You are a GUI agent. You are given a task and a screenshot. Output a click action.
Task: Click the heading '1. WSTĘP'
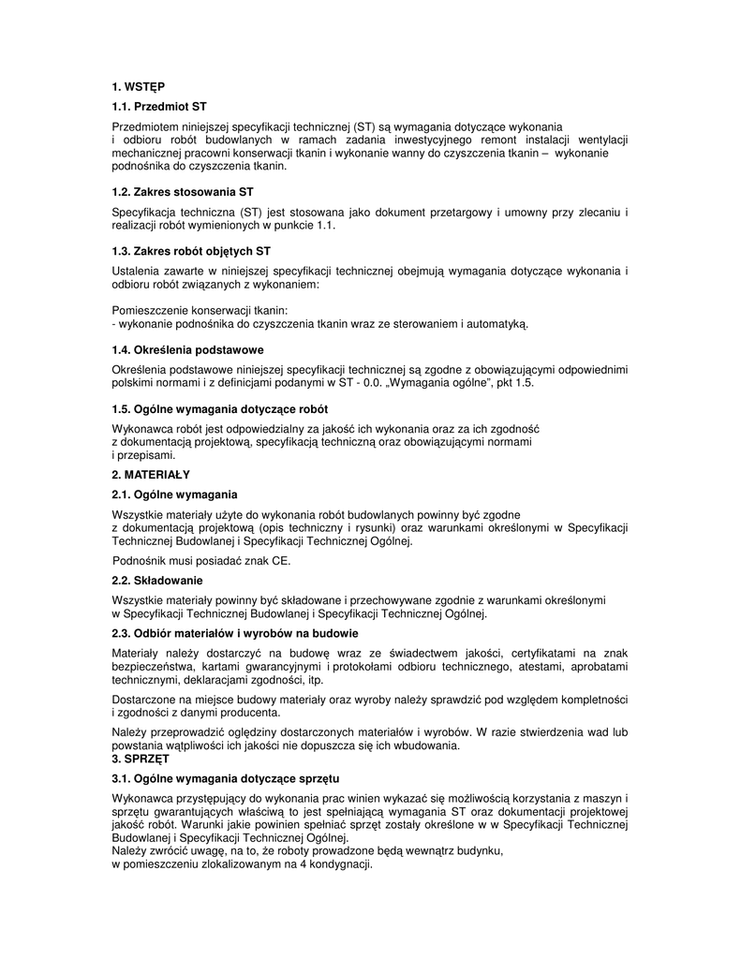point(138,87)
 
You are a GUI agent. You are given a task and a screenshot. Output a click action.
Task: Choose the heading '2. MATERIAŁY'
point(151,475)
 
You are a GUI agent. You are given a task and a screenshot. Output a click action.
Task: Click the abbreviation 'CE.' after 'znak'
point(282,561)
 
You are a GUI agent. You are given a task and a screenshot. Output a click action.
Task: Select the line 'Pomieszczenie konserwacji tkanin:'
point(200,309)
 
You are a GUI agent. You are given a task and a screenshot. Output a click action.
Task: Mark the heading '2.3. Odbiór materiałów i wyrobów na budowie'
point(234,633)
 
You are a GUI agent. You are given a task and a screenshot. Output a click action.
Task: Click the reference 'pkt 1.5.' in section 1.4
point(513,383)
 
